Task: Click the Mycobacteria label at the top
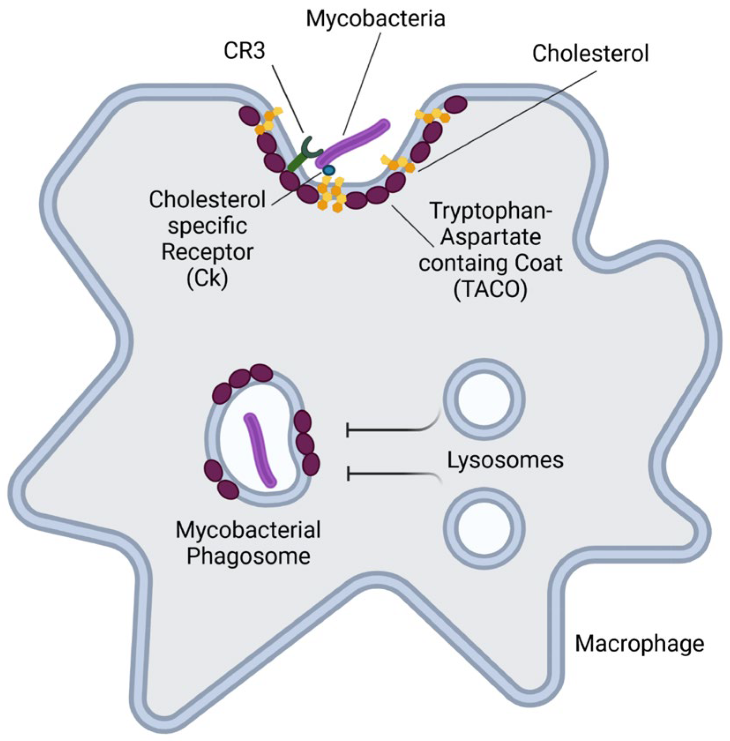coord(375,19)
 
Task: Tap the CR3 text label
coord(244,51)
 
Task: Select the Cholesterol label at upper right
coord(590,54)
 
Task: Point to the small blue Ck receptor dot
coord(329,170)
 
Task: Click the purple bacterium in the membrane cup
coord(353,142)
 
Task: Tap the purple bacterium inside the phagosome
coord(260,450)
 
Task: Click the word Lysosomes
coord(505,460)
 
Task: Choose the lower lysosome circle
coord(484,528)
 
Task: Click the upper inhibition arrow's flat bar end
coord(348,429)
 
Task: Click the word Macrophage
coord(639,644)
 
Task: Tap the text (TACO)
coord(490,290)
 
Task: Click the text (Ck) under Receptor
coord(207,278)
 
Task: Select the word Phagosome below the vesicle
coord(248,556)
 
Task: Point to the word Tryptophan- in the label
coord(491,210)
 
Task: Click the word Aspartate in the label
coord(490,237)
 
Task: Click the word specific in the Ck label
coord(207,226)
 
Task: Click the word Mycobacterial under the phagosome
coord(248,529)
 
